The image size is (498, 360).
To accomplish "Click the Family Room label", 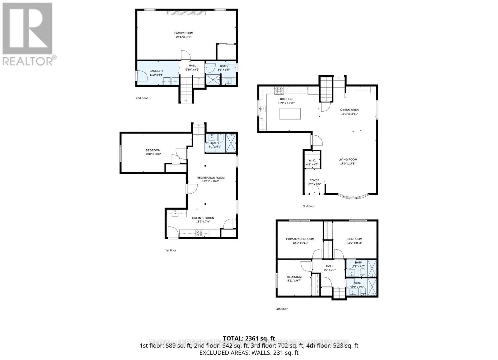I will tap(184, 33).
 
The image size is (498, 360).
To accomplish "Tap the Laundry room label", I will tap(156, 71).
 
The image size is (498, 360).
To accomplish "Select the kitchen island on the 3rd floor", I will tap(290, 114).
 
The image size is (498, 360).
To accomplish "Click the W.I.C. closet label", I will tap(312, 160).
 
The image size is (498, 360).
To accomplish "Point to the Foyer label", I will tap(314, 180).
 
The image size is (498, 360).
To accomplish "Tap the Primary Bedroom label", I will tap(300, 239).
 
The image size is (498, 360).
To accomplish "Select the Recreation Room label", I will tap(210, 178).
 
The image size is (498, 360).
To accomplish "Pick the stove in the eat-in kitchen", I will tap(200, 233).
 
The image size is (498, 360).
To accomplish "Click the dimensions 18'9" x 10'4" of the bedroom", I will tap(153, 154).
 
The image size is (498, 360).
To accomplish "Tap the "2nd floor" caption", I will tap(142, 98).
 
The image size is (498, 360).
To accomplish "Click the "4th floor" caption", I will tap(282, 309).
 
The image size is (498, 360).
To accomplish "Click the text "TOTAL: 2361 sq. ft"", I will tap(249, 338).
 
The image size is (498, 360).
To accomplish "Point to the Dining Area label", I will tap(349, 110).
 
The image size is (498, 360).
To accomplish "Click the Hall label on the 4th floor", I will tap(329, 266).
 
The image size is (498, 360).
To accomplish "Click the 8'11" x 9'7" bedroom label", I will tap(294, 277).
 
